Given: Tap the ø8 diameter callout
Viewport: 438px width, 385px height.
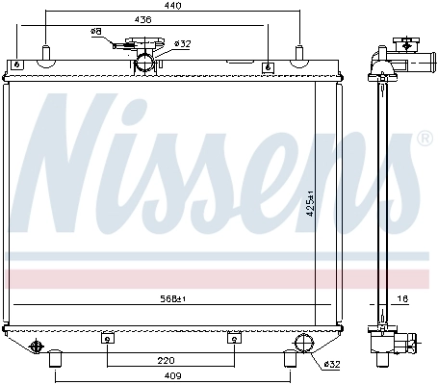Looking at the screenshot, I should coord(96,32).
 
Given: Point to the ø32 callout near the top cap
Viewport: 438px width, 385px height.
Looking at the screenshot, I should coord(182,43).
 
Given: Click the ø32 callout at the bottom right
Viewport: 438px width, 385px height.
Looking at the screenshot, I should coord(330,363).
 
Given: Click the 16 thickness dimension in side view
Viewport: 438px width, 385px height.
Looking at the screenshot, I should coord(403,299).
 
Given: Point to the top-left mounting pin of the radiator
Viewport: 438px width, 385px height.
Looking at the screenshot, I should coord(45,53).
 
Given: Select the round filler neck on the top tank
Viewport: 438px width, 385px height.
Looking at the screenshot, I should coord(145,63).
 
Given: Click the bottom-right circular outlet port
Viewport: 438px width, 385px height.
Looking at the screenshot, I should coord(303,345).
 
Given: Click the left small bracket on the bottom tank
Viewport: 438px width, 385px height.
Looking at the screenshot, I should coord(108,338).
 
